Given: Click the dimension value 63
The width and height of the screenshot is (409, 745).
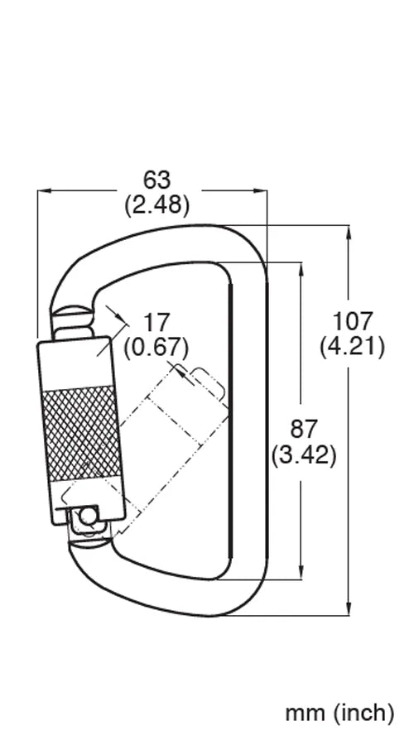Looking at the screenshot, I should tap(156, 179).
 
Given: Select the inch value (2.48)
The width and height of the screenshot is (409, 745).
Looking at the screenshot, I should tap(156, 204).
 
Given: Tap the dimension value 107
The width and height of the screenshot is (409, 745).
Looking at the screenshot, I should tap(352, 320).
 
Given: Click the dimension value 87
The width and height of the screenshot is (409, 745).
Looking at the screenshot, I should tap(304, 429).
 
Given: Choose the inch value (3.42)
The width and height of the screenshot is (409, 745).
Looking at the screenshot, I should tap(304, 454).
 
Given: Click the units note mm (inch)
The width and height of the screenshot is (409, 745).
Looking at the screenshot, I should tap(339, 711).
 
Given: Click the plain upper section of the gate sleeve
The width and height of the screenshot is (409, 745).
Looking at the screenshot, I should tap(75, 361).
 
